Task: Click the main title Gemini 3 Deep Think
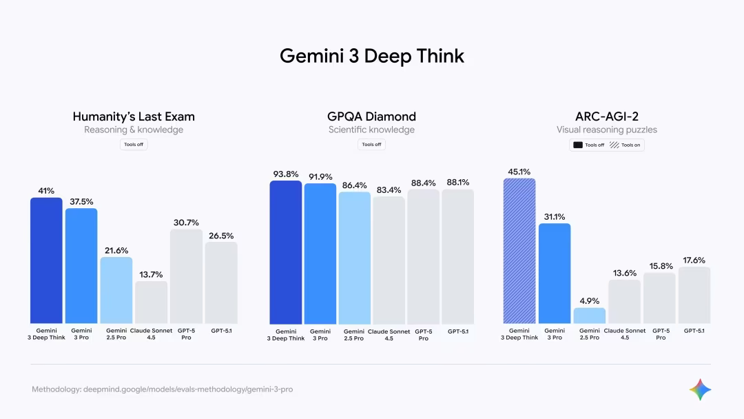pyautogui.click(x=372, y=56)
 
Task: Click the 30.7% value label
pyautogui.click(x=186, y=223)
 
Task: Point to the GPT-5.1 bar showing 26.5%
pyautogui.click(x=221, y=283)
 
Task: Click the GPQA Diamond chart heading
pyautogui.click(x=371, y=116)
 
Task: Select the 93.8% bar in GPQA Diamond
pyautogui.click(x=285, y=252)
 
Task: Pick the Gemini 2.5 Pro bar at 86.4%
pyautogui.click(x=354, y=258)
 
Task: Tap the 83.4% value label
pyautogui.click(x=389, y=190)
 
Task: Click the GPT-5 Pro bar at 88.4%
pyautogui.click(x=423, y=256)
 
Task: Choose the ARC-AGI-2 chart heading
pyautogui.click(x=606, y=116)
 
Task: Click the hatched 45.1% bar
pyautogui.click(x=519, y=251)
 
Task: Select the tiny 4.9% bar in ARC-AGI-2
pyautogui.click(x=589, y=316)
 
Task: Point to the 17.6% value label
pyautogui.click(x=694, y=260)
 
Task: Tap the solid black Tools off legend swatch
pyautogui.click(x=577, y=145)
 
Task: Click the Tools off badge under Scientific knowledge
pyautogui.click(x=371, y=145)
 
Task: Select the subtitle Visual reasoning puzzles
pyautogui.click(x=606, y=130)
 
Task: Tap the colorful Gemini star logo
pyautogui.click(x=700, y=389)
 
